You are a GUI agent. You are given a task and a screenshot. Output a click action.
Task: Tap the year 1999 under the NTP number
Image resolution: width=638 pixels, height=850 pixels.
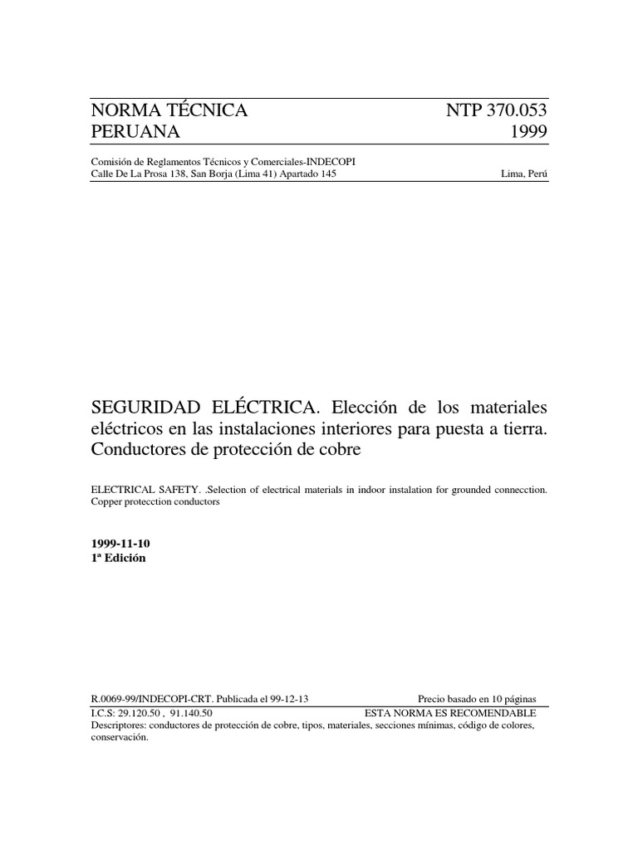pos(526,133)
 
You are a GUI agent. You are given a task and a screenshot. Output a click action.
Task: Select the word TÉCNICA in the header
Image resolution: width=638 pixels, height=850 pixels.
pos(201,111)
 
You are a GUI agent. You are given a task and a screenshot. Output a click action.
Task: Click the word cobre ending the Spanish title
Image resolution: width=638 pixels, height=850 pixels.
pos(341,450)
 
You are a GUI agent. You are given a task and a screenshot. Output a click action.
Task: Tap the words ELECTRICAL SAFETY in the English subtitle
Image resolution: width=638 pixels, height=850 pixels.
pos(140,490)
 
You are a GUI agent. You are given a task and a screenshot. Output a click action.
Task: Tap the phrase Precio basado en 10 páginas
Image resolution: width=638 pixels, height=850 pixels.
pos(476,700)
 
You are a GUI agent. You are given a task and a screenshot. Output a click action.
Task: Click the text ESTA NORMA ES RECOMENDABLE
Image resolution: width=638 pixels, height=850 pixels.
pos(450,712)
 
